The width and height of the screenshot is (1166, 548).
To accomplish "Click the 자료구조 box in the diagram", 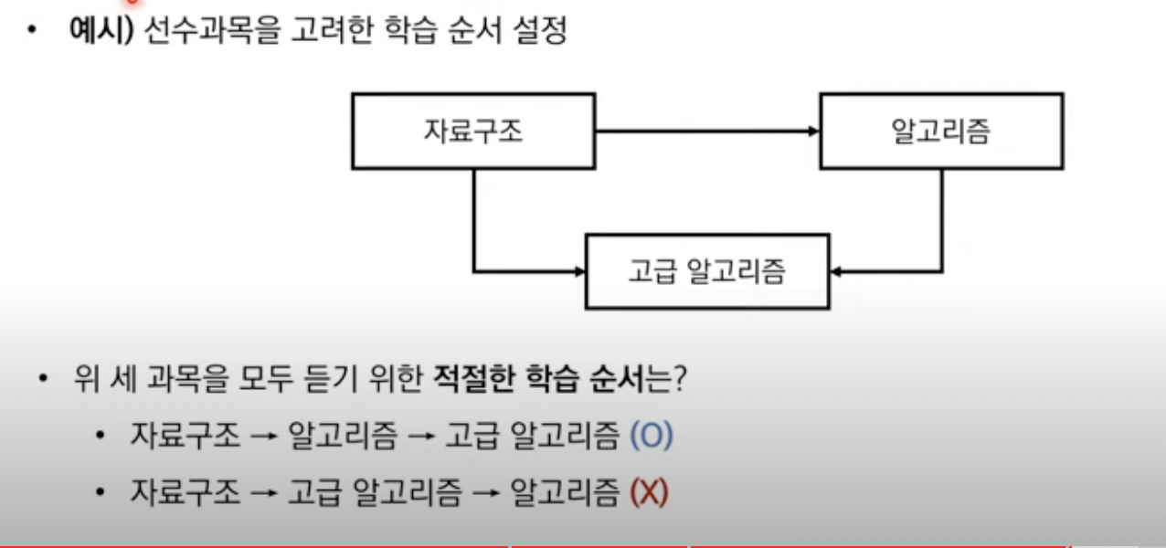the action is pyautogui.click(x=473, y=131).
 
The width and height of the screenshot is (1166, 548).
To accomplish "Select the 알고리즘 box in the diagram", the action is pyautogui.click(x=940, y=131).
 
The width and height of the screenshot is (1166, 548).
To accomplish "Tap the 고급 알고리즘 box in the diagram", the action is pyautogui.click(x=706, y=271).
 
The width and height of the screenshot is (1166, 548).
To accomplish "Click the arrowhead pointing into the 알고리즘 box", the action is pyautogui.click(x=814, y=132).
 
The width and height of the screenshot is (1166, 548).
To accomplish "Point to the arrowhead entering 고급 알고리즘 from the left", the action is pyautogui.click(x=578, y=271).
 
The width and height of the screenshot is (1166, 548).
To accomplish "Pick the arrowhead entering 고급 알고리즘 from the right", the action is pyautogui.click(x=837, y=271).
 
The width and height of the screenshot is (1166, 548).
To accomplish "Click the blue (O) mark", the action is pyautogui.click(x=652, y=437).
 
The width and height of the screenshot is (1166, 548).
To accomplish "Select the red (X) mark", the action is pyautogui.click(x=650, y=493).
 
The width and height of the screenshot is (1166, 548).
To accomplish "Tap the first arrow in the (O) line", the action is pyautogui.click(x=264, y=437).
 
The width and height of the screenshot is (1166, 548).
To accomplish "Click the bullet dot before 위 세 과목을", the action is pyautogui.click(x=43, y=379).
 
